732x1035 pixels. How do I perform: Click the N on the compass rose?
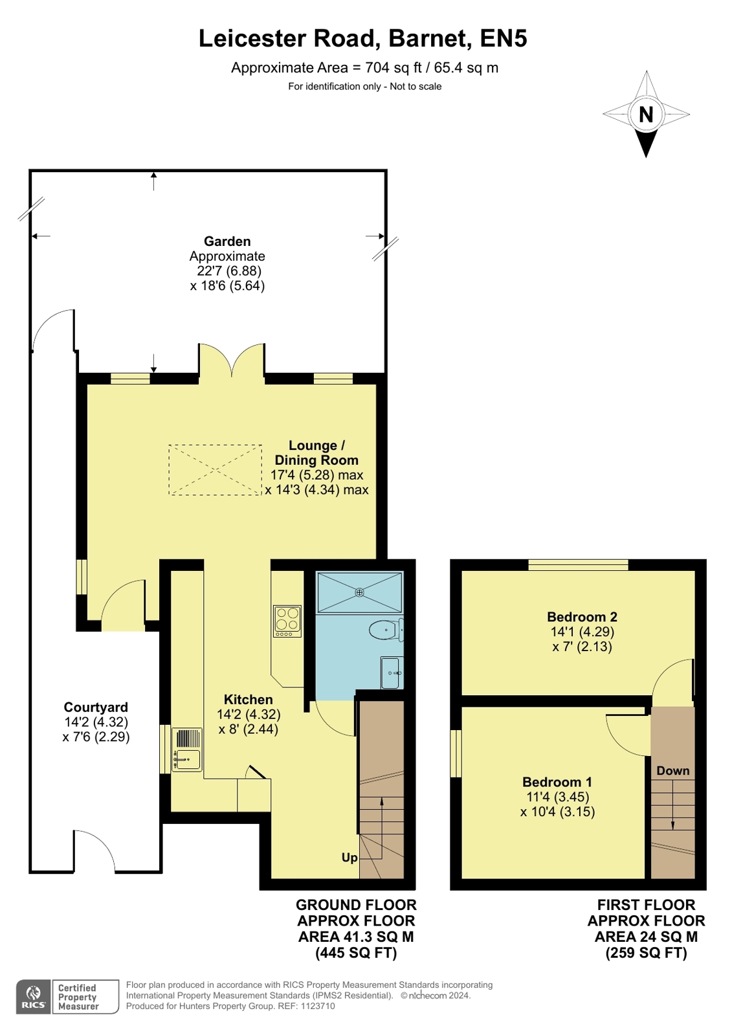[x=645, y=114]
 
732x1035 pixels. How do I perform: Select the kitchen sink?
[x=186, y=750]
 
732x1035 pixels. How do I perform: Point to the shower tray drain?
[x=360, y=592]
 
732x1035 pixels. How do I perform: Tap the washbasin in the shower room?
[x=392, y=673]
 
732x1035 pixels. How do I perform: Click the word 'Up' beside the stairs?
[x=349, y=858]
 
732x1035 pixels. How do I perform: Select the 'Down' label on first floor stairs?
[x=673, y=771]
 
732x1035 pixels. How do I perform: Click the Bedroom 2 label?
[x=582, y=617]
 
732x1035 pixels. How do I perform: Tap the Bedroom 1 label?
[x=557, y=783]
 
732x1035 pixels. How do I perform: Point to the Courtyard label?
[x=96, y=707]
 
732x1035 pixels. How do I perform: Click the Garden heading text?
[x=227, y=241]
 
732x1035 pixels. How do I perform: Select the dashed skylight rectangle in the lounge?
[x=216, y=470]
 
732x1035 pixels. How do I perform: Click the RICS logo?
[x=34, y=997]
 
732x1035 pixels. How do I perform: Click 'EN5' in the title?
[x=504, y=38]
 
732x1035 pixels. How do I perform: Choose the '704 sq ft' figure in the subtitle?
[x=394, y=68]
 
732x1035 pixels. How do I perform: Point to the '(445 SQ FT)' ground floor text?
[x=356, y=953]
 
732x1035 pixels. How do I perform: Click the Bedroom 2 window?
[x=578, y=564]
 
